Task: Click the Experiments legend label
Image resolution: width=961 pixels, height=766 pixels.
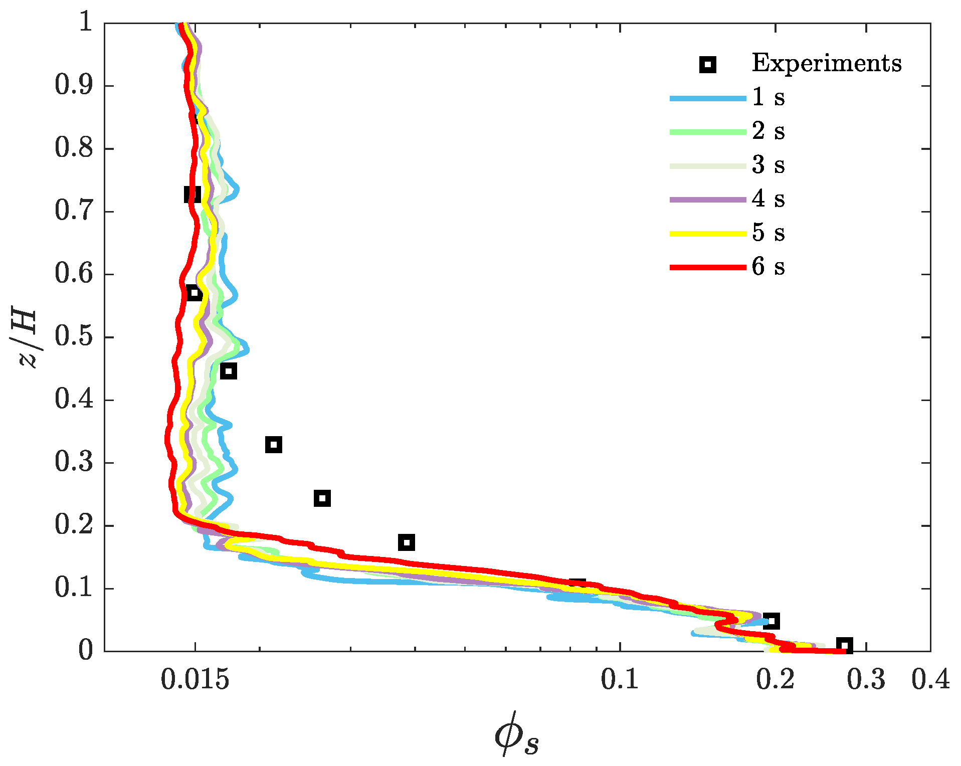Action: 826,63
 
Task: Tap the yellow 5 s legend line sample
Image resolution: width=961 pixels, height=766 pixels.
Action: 708,234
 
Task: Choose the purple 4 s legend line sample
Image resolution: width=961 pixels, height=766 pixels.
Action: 708,200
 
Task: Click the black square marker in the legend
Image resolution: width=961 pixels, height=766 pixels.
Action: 708,64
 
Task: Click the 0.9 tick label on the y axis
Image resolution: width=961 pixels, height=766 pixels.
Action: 74,85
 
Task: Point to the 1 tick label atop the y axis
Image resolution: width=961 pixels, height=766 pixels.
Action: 86,23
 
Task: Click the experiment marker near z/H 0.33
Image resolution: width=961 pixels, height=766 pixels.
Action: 273,444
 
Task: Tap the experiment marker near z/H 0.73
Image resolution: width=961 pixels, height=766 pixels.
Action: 192,194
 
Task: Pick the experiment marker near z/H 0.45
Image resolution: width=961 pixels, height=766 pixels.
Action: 229,371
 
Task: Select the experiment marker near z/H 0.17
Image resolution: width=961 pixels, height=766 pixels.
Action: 407,542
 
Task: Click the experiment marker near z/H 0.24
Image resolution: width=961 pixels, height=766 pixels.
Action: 322,498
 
